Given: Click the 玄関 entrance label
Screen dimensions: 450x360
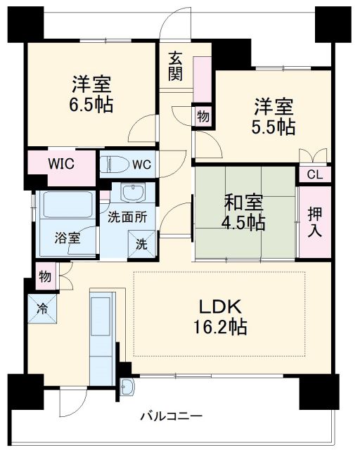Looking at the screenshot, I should click(175, 65).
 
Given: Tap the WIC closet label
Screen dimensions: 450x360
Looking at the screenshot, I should click(61, 165).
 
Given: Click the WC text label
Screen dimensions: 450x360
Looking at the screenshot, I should click(141, 165).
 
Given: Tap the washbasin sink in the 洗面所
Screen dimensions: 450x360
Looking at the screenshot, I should click(131, 193).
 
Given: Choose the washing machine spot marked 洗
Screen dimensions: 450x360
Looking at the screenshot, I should click(141, 245).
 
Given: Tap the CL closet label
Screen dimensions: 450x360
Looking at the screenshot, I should click(314, 175).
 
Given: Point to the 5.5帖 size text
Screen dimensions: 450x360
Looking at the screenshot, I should click(274, 127).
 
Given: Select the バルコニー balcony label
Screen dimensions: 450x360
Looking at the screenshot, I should click(170, 415).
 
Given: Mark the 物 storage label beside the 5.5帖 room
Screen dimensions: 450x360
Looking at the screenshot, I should click(202, 117).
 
